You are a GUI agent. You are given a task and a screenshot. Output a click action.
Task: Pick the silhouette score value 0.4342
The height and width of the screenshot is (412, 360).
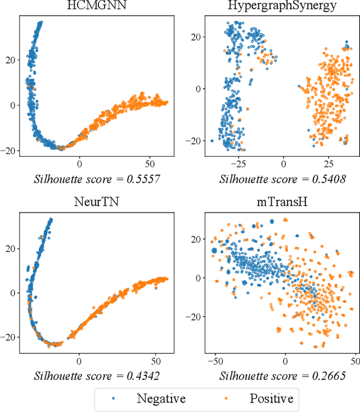[x=141, y=375]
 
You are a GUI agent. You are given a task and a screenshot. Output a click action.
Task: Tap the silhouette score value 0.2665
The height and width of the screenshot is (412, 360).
[x=322, y=375]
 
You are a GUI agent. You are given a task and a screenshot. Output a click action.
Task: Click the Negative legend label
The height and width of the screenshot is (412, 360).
[x=161, y=399]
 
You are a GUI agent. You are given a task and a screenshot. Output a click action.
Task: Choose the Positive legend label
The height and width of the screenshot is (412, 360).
[x=271, y=399]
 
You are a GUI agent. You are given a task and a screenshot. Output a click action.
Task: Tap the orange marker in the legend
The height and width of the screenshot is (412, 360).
[x=226, y=399]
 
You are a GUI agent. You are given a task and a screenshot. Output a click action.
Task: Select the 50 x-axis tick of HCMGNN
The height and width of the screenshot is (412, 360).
[x=150, y=164]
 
